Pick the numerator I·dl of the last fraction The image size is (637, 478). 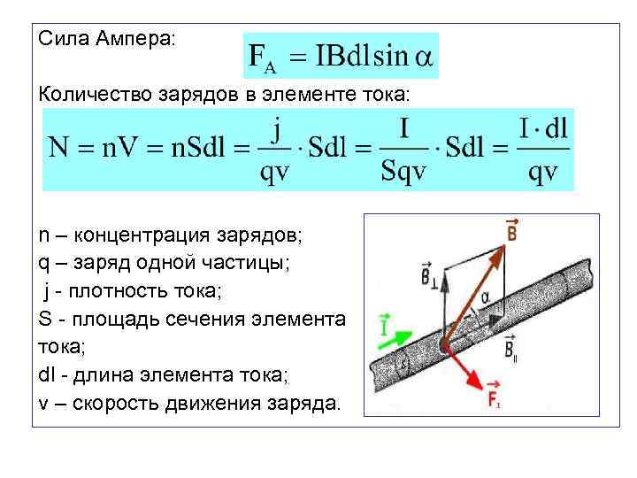coord(542,130)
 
